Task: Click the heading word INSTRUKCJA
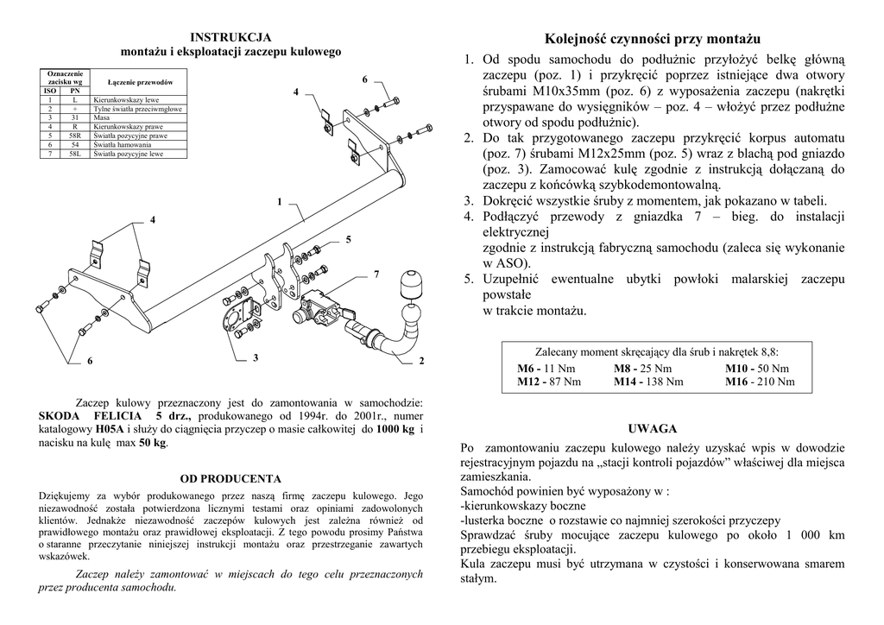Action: click(x=230, y=37)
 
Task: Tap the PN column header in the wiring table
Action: click(x=76, y=91)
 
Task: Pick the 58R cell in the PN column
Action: click(x=76, y=136)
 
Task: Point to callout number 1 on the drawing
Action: click(x=280, y=201)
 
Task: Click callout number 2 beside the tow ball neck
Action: click(x=422, y=360)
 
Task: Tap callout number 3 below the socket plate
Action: click(x=256, y=358)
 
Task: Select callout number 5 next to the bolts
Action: click(x=348, y=238)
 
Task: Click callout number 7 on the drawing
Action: click(x=376, y=274)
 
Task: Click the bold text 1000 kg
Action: click(x=396, y=428)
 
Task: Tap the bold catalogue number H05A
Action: click(x=109, y=428)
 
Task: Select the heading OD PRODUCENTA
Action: click(x=230, y=478)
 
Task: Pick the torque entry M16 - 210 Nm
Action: click(x=760, y=382)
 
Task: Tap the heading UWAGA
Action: click(x=653, y=428)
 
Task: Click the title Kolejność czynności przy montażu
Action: click(x=653, y=39)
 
